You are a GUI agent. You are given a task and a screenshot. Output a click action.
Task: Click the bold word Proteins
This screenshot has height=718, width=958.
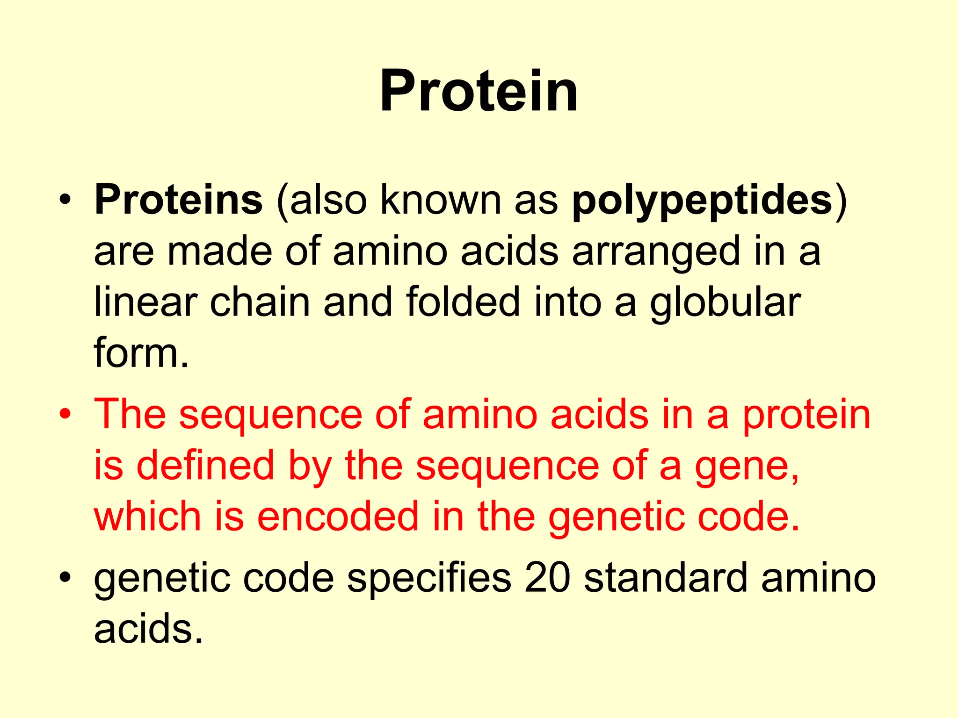point(178,200)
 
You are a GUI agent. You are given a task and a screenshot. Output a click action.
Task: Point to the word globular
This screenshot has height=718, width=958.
point(725,303)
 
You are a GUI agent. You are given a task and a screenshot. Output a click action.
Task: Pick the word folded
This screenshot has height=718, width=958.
point(463,302)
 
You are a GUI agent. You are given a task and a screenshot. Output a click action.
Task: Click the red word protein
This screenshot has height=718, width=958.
point(806,415)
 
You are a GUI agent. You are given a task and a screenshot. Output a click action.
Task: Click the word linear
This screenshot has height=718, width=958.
point(145,302)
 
